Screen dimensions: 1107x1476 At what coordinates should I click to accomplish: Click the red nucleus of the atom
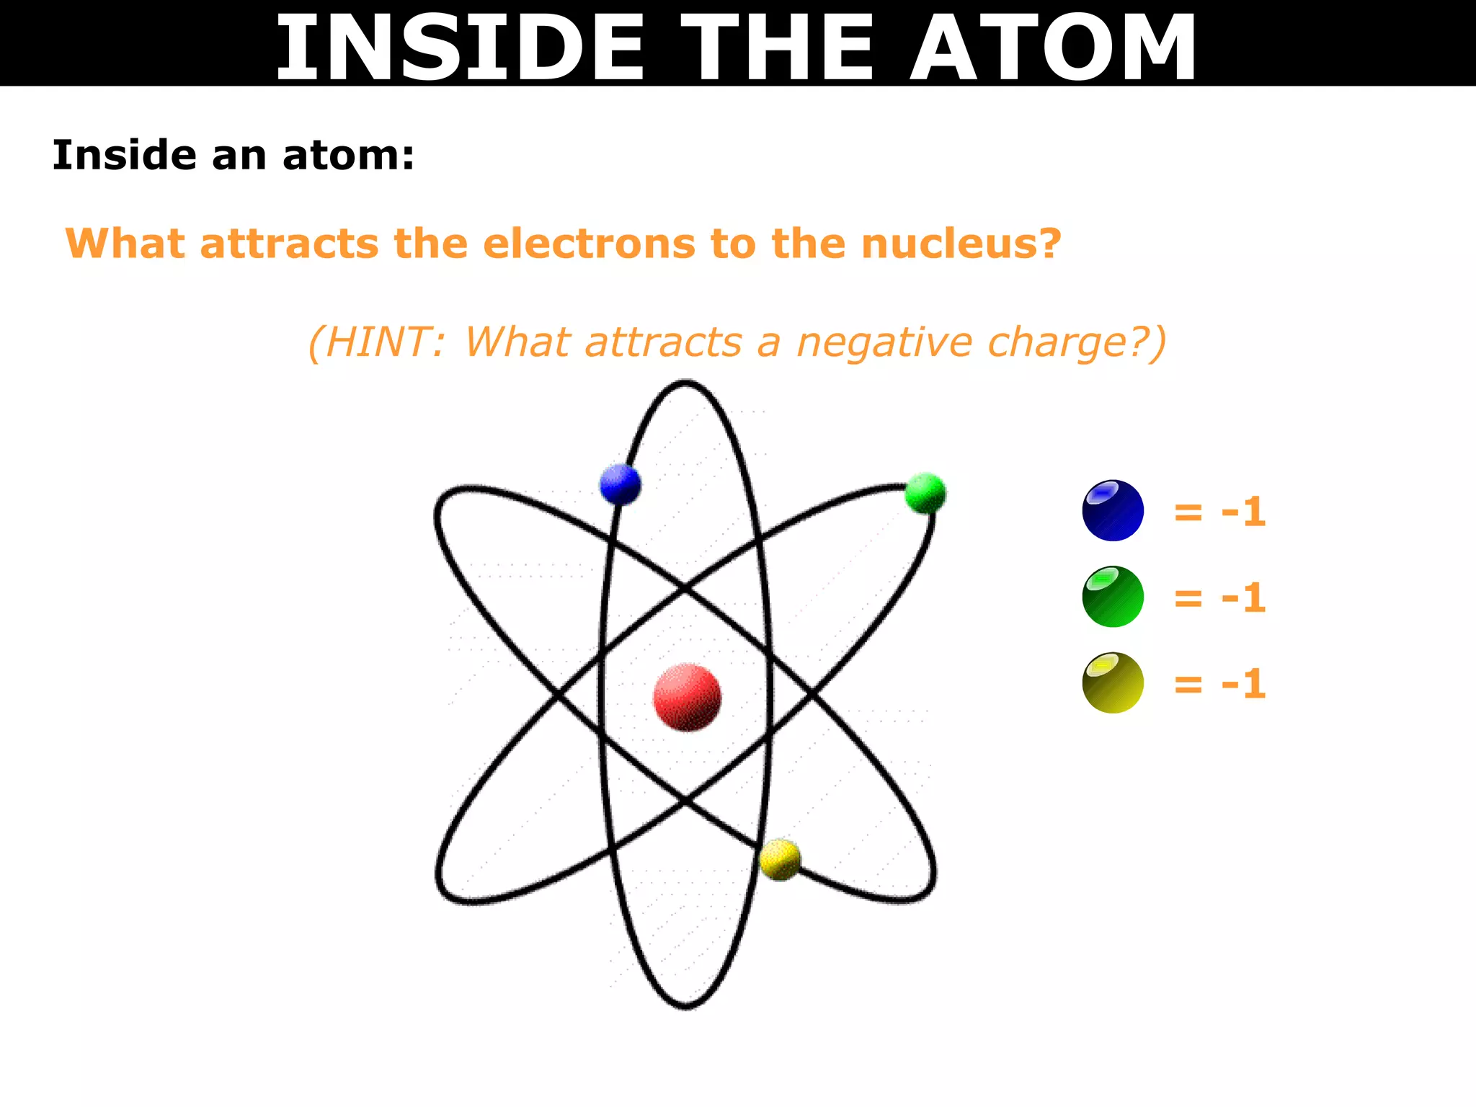[687, 697]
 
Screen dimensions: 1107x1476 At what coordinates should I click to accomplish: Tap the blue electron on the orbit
[620, 484]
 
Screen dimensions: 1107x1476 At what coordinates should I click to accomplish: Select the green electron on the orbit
[925, 493]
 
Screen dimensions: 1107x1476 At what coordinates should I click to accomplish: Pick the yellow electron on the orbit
[780, 859]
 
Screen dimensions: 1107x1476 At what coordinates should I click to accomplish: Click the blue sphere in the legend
[1113, 510]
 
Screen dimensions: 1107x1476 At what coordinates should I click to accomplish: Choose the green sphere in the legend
[1113, 597]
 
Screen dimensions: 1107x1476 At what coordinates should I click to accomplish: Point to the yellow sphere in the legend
[1113, 683]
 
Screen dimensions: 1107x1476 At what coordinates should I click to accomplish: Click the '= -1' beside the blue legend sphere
[1219, 512]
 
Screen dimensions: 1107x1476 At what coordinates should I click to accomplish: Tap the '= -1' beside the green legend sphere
[1219, 598]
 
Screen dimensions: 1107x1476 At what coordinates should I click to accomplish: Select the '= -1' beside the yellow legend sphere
[1219, 684]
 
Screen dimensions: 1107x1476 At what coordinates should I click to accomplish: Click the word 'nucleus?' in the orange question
[961, 244]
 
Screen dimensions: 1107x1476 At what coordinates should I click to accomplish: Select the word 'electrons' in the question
[589, 244]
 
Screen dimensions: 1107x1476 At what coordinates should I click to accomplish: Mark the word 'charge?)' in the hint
[1077, 343]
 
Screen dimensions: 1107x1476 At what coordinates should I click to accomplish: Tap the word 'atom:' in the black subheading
[349, 156]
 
